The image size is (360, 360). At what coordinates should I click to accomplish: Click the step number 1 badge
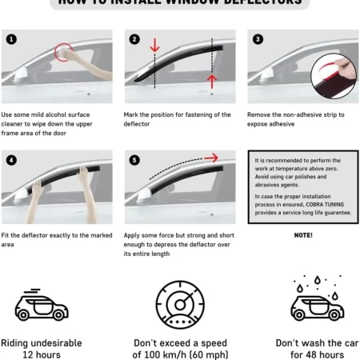[x=11, y=38]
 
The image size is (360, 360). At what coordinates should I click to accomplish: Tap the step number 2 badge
[x=134, y=38]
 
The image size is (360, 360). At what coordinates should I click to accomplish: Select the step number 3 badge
[x=257, y=38]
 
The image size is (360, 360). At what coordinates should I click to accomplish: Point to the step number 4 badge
[x=11, y=159]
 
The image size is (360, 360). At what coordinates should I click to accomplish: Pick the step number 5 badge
[x=134, y=159]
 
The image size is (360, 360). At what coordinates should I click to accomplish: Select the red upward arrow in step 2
[x=213, y=81]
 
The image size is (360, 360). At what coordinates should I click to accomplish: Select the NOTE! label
[x=302, y=235]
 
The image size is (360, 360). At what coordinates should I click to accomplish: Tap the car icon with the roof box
[x=42, y=306]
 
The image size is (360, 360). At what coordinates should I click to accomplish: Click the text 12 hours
[x=42, y=354]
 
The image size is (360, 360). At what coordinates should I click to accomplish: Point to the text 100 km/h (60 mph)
[x=179, y=354]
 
